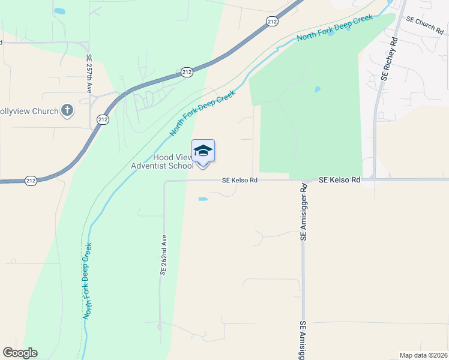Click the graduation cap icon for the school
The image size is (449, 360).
coord(203,151)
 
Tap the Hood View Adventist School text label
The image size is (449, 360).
coord(162,161)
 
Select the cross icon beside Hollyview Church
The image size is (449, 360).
coord(67,110)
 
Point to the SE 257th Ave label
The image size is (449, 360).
coord(88,74)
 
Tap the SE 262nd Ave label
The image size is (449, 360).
coord(163,255)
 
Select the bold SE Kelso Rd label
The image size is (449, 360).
coord(340,179)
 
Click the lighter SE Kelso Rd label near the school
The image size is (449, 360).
coord(240,180)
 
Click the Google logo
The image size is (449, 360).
coord(20,353)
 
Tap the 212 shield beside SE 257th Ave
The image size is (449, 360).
coord(103,119)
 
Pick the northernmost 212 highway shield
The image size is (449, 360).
coord(273,22)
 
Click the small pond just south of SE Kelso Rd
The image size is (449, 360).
coord(203,199)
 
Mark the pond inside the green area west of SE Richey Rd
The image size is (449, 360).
coord(317,90)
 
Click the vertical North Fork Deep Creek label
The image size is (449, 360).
coord(88,280)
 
